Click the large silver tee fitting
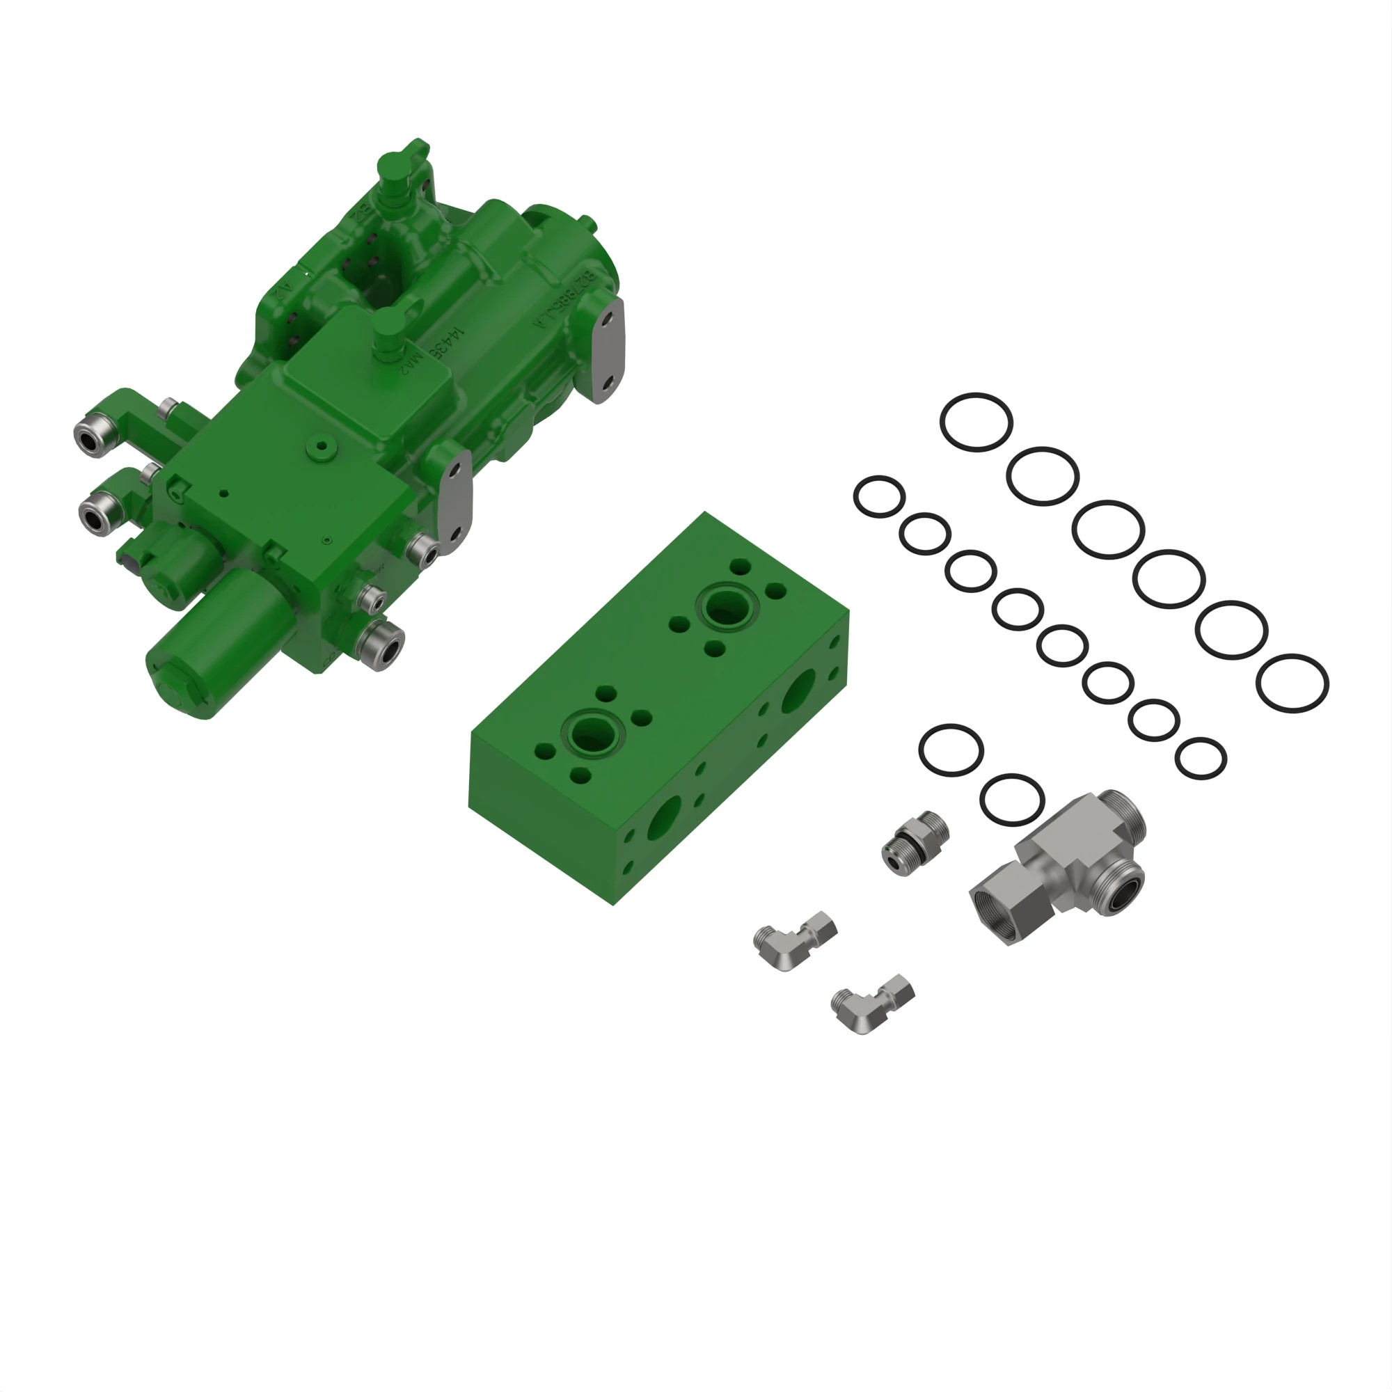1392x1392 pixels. pos(1059,865)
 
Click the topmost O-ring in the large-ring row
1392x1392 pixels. pos(976,423)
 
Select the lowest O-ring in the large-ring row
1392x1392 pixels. pos(1292,683)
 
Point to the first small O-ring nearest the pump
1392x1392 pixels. pos(879,496)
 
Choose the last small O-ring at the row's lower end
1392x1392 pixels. pos(1201,759)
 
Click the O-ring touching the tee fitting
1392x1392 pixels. pos(1011,800)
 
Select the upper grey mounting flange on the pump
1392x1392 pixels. pos(609,351)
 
